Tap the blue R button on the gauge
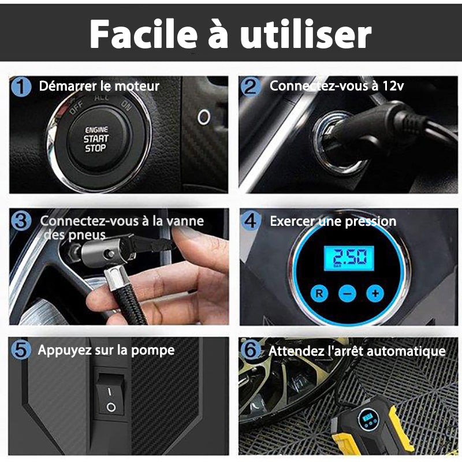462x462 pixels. pyautogui.click(x=319, y=293)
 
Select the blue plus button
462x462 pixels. pyautogui.click(x=375, y=293)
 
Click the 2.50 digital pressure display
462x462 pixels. pyautogui.click(x=349, y=258)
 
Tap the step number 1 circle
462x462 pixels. pyautogui.click(x=21, y=87)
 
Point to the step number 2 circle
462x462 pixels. pyautogui.click(x=251, y=87)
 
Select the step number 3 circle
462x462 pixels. pyautogui.click(x=21, y=221)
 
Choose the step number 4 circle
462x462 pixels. pyautogui.click(x=251, y=221)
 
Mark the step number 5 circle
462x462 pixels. pyautogui.click(x=21, y=350)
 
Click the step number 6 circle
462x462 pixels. pyautogui.click(x=251, y=350)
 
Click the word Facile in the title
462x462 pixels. pyautogui.click(x=143, y=34)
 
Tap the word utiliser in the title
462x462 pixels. pyautogui.click(x=306, y=34)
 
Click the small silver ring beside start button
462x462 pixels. pyautogui.click(x=204, y=117)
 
